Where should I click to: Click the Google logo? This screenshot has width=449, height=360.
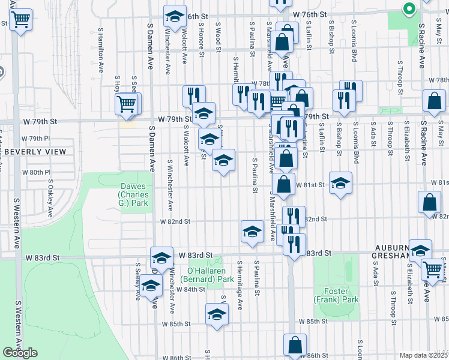[20, 353]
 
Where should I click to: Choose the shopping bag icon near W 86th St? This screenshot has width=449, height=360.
[295, 346]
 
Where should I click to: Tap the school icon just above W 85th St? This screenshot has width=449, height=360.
[217, 314]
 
